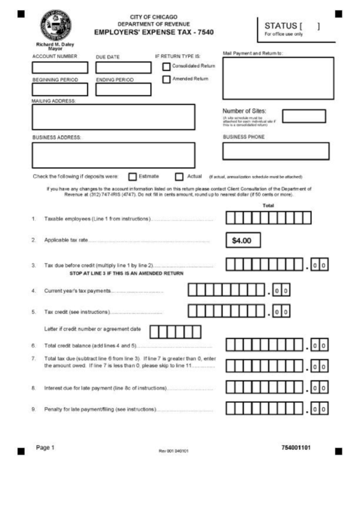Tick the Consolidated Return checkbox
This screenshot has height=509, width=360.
click(x=166, y=66)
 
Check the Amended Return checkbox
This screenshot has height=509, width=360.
click(x=166, y=79)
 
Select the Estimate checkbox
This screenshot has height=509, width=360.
click(x=133, y=176)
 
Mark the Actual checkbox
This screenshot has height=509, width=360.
click(x=180, y=176)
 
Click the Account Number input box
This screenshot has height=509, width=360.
click(x=60, y=67)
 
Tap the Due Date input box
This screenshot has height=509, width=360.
click(x=123, y=67)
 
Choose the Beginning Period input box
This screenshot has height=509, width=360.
click(x=60, y=89)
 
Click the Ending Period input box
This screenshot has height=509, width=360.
click(x=123, y=89)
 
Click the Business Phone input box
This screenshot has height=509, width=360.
click(x=275, y=150)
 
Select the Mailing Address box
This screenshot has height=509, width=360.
click(x=113, y=117)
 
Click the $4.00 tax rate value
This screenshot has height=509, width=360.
click(x=242, y=241)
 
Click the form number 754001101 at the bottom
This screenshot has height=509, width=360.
click(x=295, y=448)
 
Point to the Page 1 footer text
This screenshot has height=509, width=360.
click(x=45, y=448)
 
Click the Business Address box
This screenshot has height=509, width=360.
click(x=113, y=154)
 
